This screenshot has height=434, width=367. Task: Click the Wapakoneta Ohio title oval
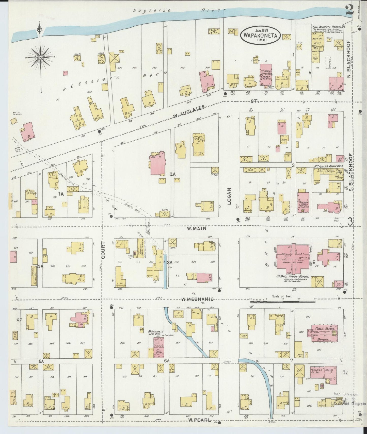pos(260,36)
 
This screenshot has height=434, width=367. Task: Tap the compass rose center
pos(40,58)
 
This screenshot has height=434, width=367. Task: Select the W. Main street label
pos(197,228)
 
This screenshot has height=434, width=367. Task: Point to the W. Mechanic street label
pos(197,299)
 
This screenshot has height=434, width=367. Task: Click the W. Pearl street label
pos(200,420)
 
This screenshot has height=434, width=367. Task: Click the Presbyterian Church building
pos(303,202)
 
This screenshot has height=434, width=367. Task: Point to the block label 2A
pos(173,174)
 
